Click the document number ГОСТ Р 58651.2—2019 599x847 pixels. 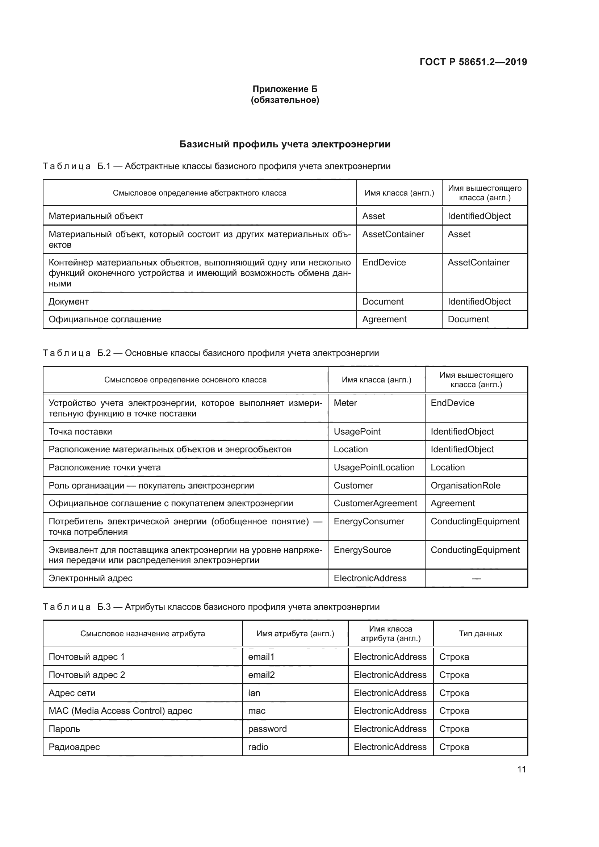pos(473,62)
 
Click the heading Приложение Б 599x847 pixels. pos(285,89)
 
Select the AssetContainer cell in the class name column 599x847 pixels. pos(393,234)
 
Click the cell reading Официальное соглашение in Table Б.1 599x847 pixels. pos(105,319)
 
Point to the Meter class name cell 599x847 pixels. pos(345,403)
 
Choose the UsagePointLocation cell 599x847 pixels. pos(374,467)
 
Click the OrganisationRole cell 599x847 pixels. pos(465,486)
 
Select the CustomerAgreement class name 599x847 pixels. pos(375,503)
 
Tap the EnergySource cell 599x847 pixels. pos(362,550)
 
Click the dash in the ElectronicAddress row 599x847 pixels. pos(476,578)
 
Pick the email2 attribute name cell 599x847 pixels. pos(261,675)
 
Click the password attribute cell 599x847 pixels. pos(267,729)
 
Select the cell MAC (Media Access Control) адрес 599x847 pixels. pos(121,710)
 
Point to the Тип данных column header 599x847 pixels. pos(480,633)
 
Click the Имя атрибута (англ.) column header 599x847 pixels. pos(295,633)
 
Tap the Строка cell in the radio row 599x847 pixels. pos(454,747)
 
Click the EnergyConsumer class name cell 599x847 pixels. pos(369,521)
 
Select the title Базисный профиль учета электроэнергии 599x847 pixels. pos(285,144)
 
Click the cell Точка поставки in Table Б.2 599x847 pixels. pos(80,432)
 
